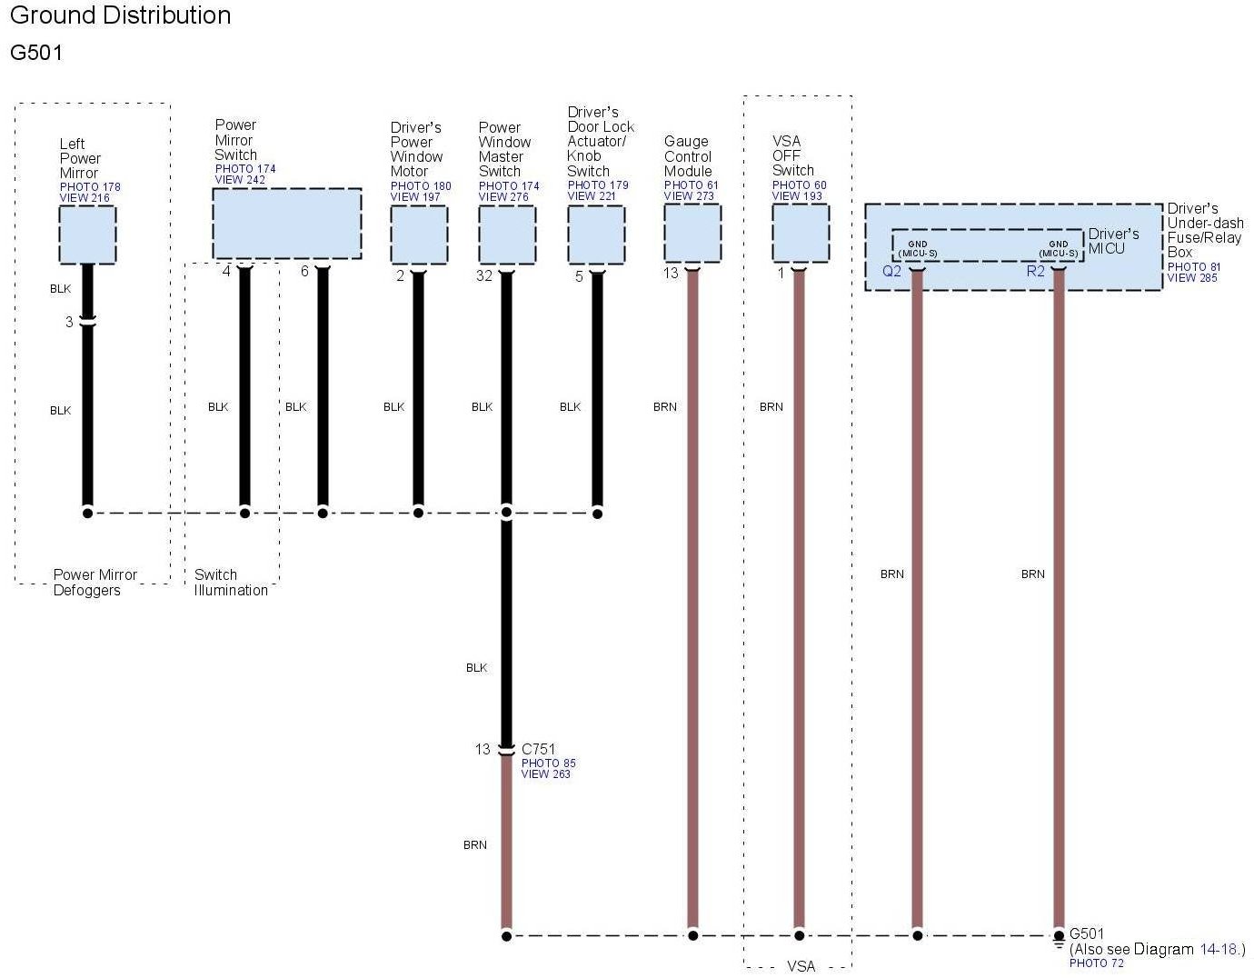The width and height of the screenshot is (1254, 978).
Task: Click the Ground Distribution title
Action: [120, 15]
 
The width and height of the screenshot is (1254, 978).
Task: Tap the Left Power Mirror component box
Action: [87, 235]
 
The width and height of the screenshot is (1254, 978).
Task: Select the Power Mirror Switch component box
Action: [286, 224]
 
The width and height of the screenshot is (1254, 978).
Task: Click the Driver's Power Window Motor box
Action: [418, 235]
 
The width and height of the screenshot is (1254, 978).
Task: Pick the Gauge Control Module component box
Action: [692, 234]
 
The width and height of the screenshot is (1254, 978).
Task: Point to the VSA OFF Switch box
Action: [800, 234]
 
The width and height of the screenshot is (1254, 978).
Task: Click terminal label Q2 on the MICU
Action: [891, 271]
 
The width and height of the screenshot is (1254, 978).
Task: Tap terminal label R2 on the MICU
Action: [1035, 271]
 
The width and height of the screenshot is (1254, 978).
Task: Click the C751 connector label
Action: [538, 750]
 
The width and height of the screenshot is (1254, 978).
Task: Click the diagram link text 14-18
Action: [1219, 950]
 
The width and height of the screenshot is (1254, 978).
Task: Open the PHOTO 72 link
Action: [1096, 963]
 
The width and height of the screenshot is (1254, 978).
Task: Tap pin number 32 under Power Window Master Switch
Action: [484, 275]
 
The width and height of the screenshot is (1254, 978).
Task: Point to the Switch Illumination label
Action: [231, 583]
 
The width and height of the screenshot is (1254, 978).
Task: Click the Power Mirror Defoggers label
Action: [95, 583]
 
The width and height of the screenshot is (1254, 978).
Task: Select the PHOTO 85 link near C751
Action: [548, 763]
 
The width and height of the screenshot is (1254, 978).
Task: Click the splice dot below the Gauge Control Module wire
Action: [692, 935]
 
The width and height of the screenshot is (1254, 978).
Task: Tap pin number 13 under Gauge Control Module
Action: [671, 274]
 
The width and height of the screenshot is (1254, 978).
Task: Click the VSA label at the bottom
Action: [801, 966]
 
